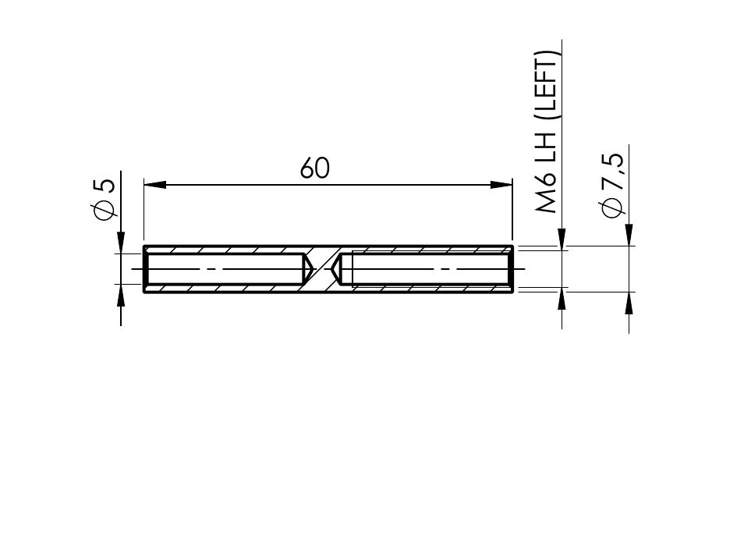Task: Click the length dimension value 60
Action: tap(314, 168)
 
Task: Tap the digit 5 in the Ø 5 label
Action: tap(107, 186)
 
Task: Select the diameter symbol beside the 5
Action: tap(106, 210)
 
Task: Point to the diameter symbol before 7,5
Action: tap(613, 208)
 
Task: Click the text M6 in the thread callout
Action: tap(546, 196)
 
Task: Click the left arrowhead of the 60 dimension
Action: tap(155, 185)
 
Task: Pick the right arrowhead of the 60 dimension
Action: tap(501, 185)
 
